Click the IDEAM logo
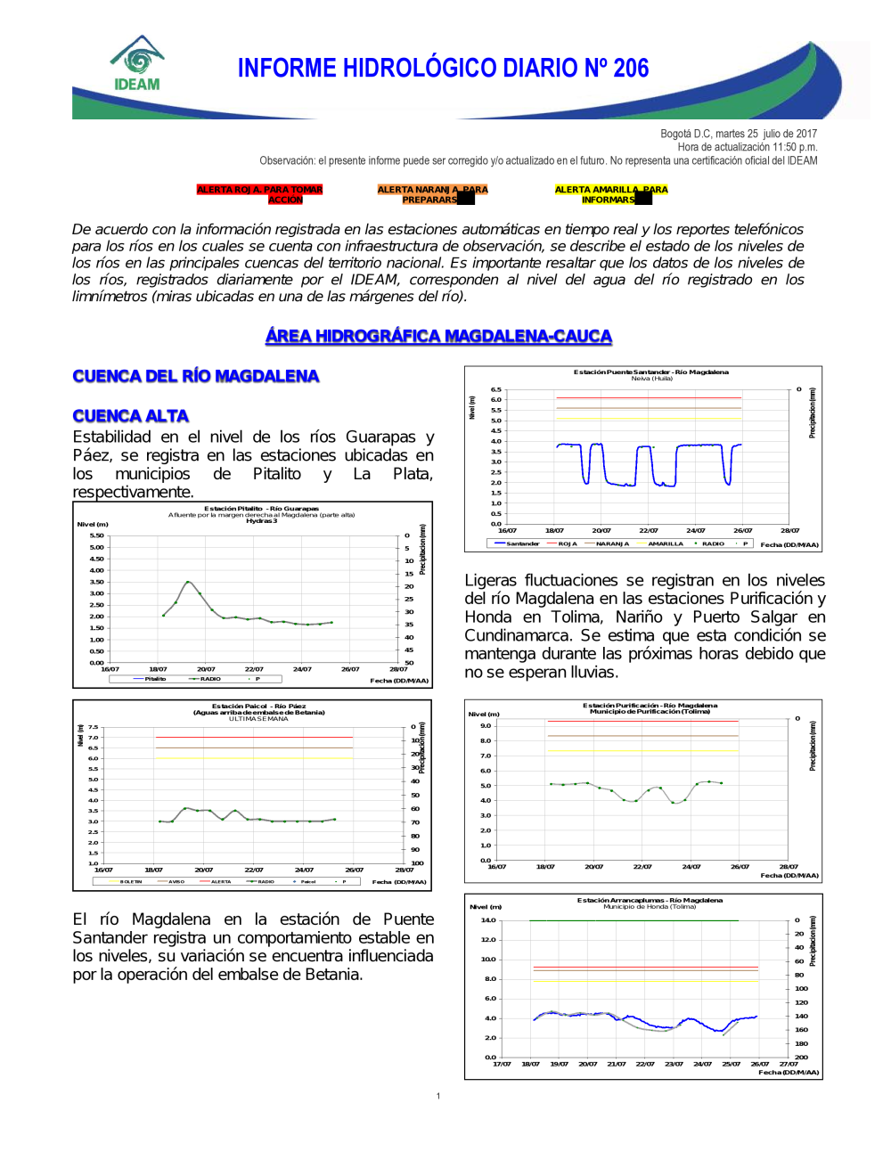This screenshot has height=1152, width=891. (137, 64)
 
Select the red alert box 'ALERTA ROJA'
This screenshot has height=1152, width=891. (259, 194)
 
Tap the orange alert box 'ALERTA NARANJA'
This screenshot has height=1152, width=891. (432, 194)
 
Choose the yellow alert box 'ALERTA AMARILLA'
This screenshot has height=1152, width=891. (610, 194)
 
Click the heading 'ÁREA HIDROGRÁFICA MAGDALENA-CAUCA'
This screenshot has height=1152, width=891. (438, 336)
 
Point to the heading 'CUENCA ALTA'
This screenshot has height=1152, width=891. (131, 416)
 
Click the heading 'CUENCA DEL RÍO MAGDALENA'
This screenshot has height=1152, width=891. (196, 376)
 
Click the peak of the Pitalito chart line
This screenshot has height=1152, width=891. (187, 582)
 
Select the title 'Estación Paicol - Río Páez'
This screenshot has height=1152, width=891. (258, 706)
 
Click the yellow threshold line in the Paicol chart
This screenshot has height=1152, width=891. (254, 758)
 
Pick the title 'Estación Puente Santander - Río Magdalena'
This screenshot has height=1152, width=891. (650, 372)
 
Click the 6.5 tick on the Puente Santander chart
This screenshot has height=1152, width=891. (496, 389)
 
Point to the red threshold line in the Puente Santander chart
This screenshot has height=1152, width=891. (649, 398)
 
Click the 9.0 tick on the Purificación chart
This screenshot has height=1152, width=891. (486, 725)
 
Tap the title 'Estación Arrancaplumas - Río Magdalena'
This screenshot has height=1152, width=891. (650, 900)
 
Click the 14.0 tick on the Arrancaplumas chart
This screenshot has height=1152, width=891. (488, 920)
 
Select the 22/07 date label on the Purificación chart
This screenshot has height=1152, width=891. (642, 866)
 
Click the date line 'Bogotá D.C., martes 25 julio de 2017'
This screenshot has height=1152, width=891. (738, 134)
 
